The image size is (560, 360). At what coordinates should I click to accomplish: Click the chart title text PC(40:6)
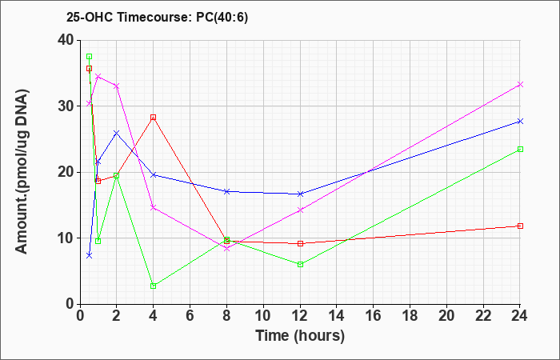222,18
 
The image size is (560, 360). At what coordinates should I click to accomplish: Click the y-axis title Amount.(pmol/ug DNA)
22,172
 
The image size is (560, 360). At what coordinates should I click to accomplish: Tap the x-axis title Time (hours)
300,336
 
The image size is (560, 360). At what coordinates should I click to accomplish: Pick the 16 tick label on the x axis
374,316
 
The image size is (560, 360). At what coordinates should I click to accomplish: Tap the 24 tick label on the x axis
520,316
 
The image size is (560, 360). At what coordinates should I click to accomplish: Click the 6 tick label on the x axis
190,316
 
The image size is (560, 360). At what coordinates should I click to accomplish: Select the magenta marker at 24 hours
520,84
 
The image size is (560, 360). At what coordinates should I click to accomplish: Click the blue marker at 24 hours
520,122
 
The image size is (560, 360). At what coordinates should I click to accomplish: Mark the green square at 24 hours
520,150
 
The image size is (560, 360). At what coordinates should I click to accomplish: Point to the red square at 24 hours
520,226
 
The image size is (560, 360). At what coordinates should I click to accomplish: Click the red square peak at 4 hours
154,118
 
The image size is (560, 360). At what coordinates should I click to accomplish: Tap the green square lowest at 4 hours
154,286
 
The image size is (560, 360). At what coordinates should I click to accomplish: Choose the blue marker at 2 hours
117,133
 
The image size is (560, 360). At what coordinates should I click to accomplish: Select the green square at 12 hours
300,265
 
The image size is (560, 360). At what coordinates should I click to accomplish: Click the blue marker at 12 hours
300,194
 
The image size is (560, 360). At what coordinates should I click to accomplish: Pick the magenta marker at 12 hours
300,210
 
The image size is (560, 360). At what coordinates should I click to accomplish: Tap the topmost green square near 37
90,57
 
